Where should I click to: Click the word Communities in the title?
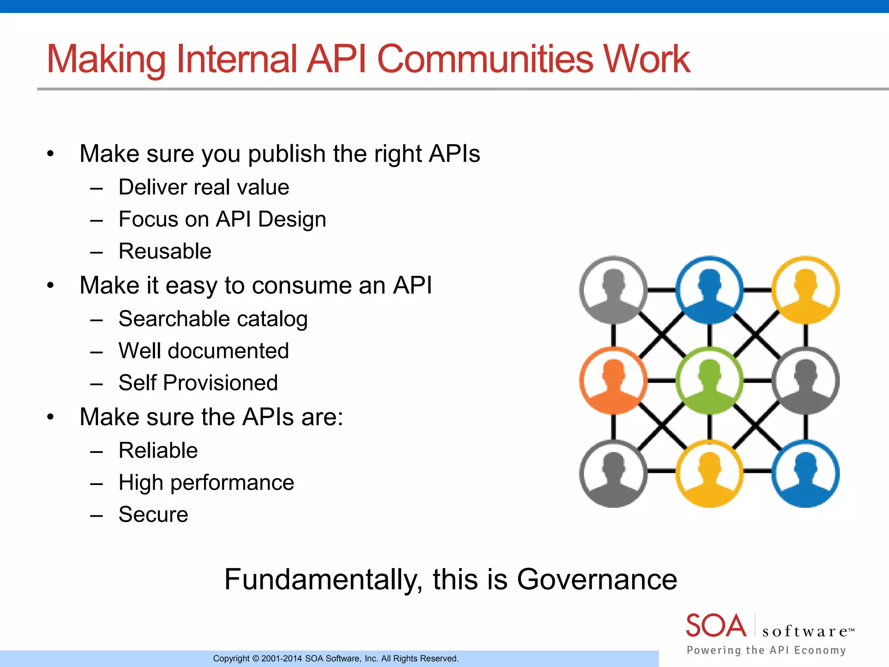click(485, 59)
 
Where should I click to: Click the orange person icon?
click(613, 381)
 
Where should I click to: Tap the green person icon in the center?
click(709, 381)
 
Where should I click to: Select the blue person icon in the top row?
click(709, 290)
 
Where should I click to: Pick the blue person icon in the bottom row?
click(806, 473)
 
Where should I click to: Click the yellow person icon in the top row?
click(806, 290)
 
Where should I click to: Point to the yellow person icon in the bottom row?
click(709, 473)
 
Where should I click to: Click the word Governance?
click(597, 580)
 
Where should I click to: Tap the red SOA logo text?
click(716, 626)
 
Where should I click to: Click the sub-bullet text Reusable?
click(165, 251)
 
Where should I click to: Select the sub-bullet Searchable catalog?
click(213, 319)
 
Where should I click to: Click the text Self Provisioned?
click(198, 383)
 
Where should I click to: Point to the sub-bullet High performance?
click(206, 483)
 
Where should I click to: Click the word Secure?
click(153, 515)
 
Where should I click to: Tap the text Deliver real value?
click(204, 188)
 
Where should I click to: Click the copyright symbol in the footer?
click(256, 659)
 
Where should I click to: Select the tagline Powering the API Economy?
click(766, 650)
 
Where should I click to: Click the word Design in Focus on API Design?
click(292, 219)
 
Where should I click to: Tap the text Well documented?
click(204, 351)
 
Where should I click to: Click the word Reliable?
click(158, 450)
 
